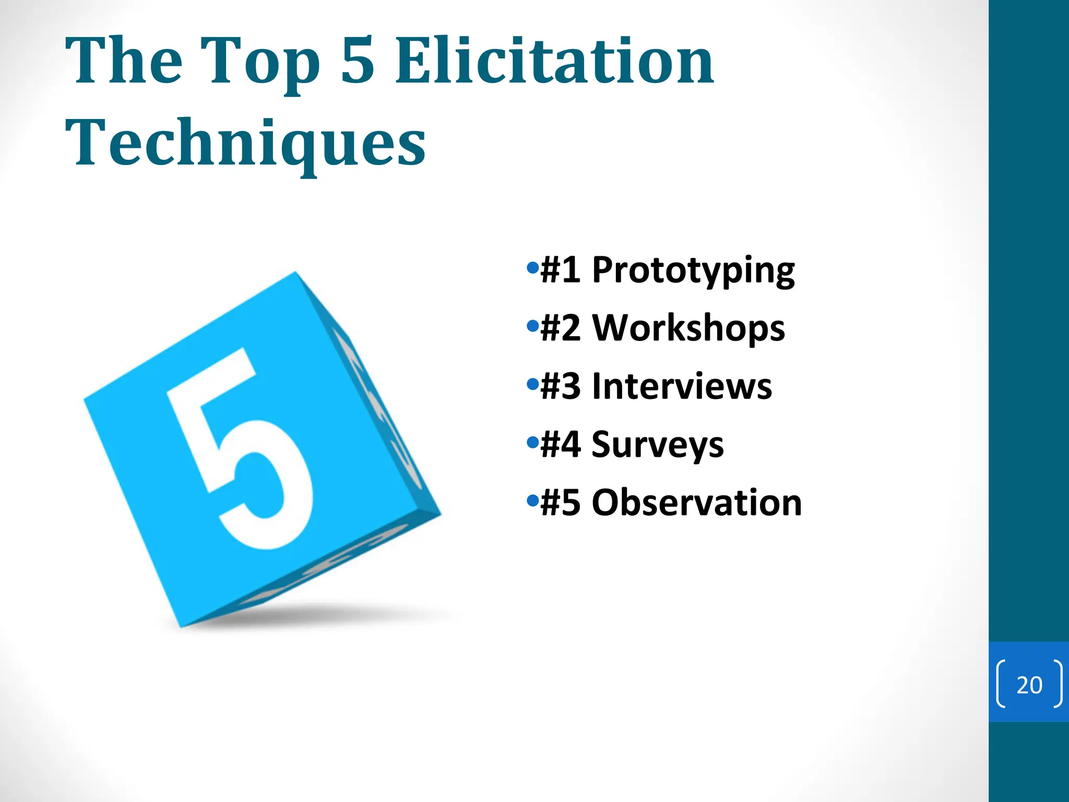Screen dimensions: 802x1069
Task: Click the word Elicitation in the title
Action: pos(554,62)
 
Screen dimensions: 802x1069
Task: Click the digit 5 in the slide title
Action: pos(358,62)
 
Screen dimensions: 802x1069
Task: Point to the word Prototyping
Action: pos(693,272)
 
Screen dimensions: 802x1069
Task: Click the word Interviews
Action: pos(682,386)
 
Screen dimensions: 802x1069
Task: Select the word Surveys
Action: pos(658,445)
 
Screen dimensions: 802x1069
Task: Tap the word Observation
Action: pos(696,502)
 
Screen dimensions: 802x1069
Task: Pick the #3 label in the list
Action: pos(561,386)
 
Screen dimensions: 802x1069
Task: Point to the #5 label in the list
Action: pos(561,502)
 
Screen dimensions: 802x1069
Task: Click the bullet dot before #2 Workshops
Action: pos(532,327)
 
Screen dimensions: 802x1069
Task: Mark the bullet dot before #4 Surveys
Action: pos(532,443)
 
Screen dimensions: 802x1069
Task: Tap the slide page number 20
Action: pos(1029,685)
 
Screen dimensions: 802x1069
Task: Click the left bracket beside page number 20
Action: pos(1001,684)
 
